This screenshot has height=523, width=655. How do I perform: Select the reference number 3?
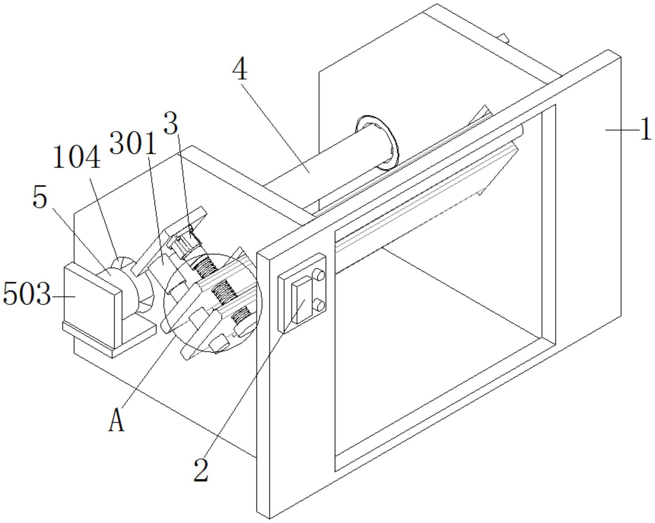(x=171, y=123)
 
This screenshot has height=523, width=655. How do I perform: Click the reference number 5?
(x=39, y=198)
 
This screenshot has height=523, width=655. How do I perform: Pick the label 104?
(x=77, y=157)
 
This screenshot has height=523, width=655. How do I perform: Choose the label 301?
(x=133, y=143)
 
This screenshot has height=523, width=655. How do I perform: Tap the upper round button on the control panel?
(x=318, y=275)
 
